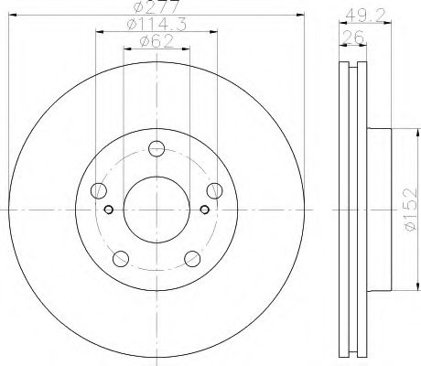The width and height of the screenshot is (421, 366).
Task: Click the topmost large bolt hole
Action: tap(157, 149)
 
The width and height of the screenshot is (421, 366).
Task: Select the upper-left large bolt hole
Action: tap(99, 190)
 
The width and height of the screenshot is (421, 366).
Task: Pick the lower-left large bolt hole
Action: tap(121, 258)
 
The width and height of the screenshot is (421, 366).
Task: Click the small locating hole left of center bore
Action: tap(109, 210)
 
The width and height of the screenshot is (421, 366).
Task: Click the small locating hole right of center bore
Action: tap(204, 210)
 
